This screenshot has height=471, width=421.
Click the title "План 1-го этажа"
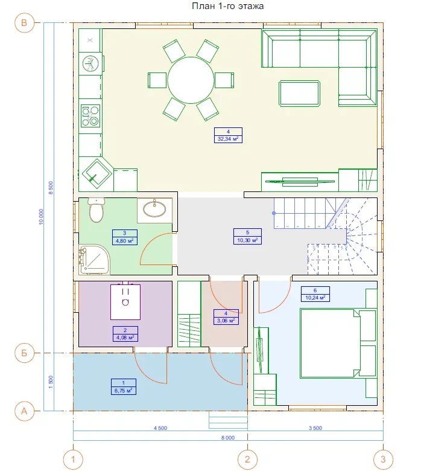228,6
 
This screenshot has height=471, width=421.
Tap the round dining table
191,80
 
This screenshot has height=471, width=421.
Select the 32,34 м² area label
228,139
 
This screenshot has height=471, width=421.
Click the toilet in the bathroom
97,210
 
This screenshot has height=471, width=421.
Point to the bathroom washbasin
154,209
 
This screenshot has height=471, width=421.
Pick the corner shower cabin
94,260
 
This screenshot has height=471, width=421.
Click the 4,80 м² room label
125,240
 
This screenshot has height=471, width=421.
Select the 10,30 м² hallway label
247,240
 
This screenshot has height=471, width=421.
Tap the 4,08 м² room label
125,338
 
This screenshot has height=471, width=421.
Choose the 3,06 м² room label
226,321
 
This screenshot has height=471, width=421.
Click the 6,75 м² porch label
124,391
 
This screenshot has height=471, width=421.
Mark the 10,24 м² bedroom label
315,298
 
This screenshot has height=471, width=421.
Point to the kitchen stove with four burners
90,115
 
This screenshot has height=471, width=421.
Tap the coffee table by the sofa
300,94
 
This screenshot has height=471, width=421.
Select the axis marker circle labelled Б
24,353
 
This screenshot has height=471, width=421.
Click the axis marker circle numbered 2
247,460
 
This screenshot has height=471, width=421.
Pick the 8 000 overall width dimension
228,438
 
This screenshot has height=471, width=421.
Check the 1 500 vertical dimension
51,382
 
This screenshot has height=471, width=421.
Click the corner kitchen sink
97,174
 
